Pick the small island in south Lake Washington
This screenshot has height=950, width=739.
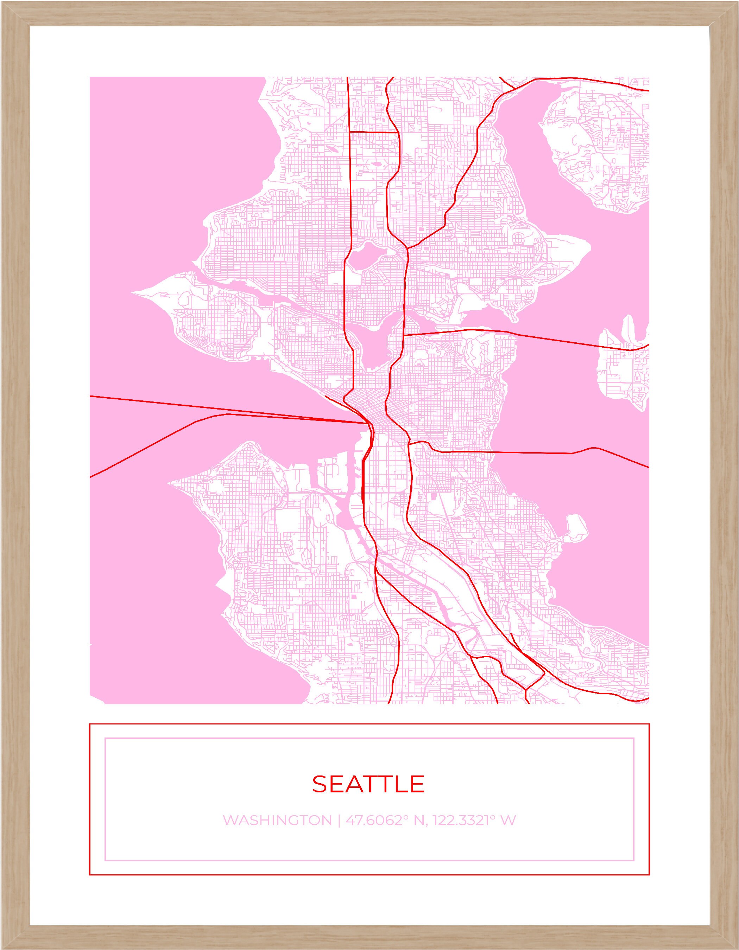[x=575, y=528]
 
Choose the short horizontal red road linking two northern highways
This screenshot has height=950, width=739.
[x=374, y=132]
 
